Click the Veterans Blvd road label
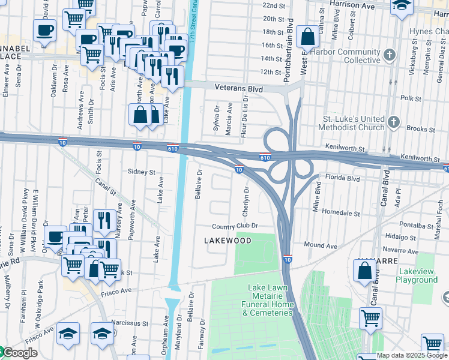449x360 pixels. click(x=240, y=89)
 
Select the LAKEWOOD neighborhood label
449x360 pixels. click(x=228, y=240)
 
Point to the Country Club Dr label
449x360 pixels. click(x=235, y=226)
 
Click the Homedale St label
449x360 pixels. click(x=340, y=213)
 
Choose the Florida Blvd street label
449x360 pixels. click(x=342, y=178)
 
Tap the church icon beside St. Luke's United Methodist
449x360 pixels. click(x=394, y=123)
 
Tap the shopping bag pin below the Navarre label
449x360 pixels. click(x=365, y=271)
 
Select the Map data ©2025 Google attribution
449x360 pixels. click(x=412, y=355)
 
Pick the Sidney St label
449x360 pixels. click(x=142, y=172)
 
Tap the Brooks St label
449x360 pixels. click(x=420, y=129)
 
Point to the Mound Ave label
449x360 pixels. click(x=321, y=245)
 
